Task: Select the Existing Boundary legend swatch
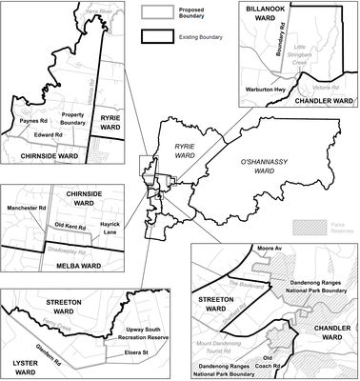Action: coord(156,36)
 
